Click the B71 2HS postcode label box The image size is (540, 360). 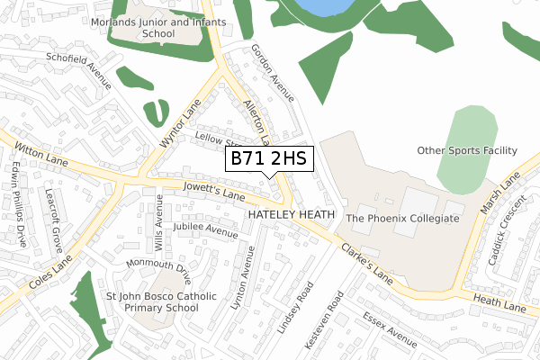click(269, 159)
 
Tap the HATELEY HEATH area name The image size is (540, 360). click(291, 215)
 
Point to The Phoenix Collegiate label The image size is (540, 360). click(402, 219)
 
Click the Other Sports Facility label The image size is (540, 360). click(467, 150)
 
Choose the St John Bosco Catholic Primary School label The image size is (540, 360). click(161, 301)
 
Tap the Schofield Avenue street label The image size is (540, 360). click(81, 69)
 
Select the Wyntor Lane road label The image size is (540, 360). click(180, 125)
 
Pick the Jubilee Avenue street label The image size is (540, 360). click(207, 229)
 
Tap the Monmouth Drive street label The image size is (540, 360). click(158, 267)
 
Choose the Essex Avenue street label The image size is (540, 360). click(390, 330)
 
